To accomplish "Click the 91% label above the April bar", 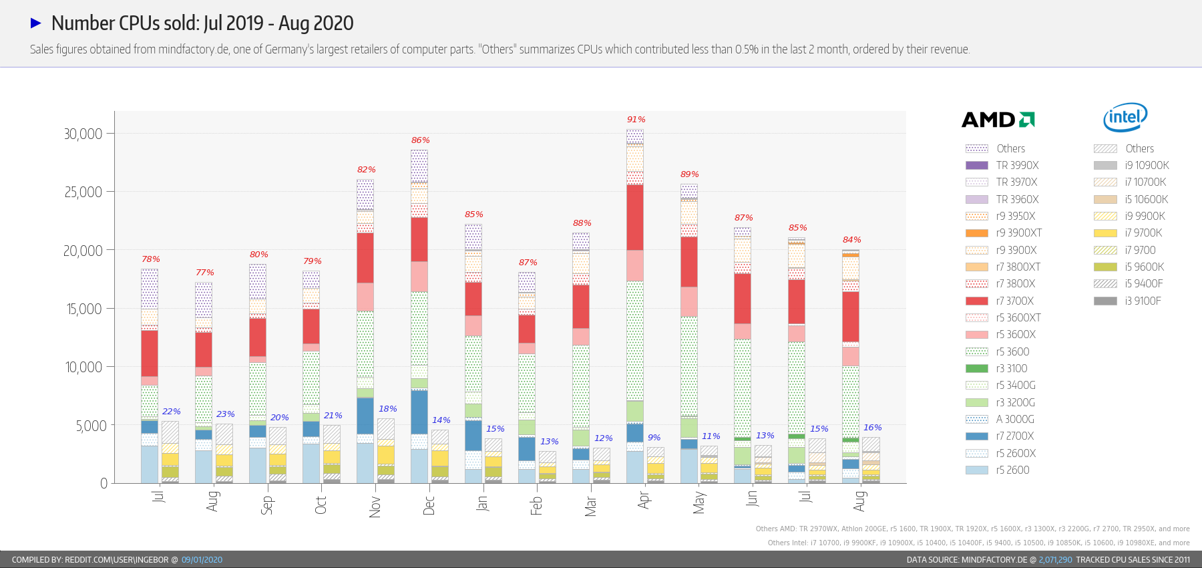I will point(636,120).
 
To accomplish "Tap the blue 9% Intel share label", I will point(654,438).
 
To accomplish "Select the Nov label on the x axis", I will point(375,506).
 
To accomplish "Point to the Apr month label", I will point(644,500).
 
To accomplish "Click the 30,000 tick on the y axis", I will point(83,134).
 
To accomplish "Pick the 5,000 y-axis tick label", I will point(91,426).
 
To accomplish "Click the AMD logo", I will point(998,120).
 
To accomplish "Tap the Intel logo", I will point(1125,118).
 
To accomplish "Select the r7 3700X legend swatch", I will point(976,301).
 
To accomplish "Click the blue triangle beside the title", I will point(36,23).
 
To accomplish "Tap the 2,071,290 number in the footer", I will point(1055,560).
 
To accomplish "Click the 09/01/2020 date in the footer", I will point(202,560).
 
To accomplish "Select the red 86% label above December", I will point(421,140).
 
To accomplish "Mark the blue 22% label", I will point(171,412).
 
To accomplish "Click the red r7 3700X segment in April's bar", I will point(635,217).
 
